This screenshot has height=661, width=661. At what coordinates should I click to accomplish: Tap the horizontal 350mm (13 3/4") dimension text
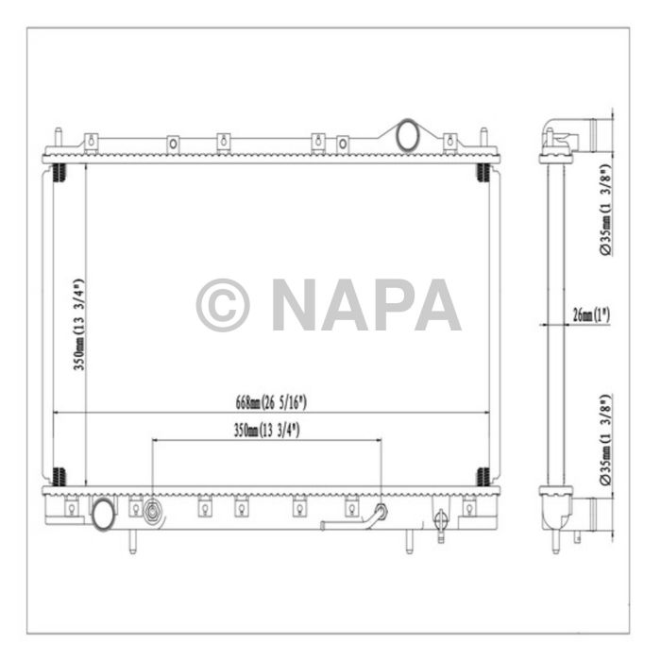point(265,430)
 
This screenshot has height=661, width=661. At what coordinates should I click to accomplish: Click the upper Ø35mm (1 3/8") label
point(604,210)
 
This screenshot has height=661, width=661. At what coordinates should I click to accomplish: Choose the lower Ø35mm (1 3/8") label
point(604,440)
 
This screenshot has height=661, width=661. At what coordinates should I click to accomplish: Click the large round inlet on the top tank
point(409,134)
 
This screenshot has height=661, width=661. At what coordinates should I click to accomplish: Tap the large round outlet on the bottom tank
point(102,514)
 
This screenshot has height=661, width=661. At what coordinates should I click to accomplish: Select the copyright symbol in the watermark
point(223,304)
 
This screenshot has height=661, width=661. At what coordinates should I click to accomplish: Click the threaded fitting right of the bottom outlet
point(151,515)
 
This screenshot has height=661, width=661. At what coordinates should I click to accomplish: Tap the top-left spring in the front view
point(59,174)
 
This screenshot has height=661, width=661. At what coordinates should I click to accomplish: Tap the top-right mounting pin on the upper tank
point(483,139)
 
